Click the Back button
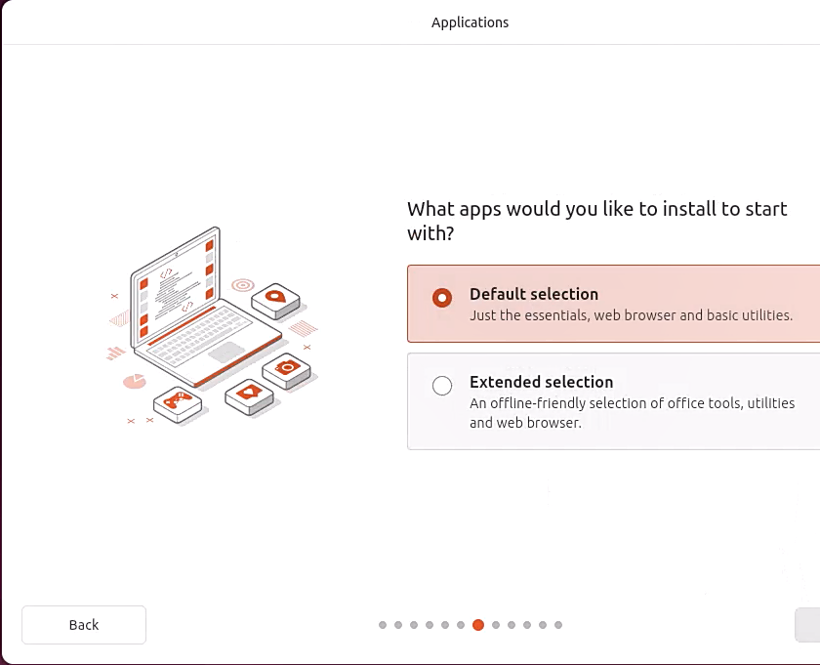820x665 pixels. (x=84, y=625)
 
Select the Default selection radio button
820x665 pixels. (x=442, y=297)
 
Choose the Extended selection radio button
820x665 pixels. (x=442, y=386)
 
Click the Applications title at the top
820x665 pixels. (x=470, y=22)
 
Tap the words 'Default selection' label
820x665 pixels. (x=534, y=294)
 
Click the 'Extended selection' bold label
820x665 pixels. (x=541, y=382)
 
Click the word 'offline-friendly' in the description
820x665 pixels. (x=544, y=403)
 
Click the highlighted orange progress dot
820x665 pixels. (x=478, y=625)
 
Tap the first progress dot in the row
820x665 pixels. (x=383, y=625)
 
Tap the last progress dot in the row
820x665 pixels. (x=558, y=625)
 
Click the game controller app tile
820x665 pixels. (x=177, y=400)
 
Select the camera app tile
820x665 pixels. (x=287, y=368)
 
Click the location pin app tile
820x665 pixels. (x=274, y=297)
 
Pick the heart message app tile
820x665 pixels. (x=248, y=394)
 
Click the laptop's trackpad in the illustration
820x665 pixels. (x=227, y=351)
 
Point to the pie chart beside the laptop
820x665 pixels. (x=135, y=381)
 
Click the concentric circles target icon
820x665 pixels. (x=242, y=285)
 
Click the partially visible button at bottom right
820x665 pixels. (x=807, y=625)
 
